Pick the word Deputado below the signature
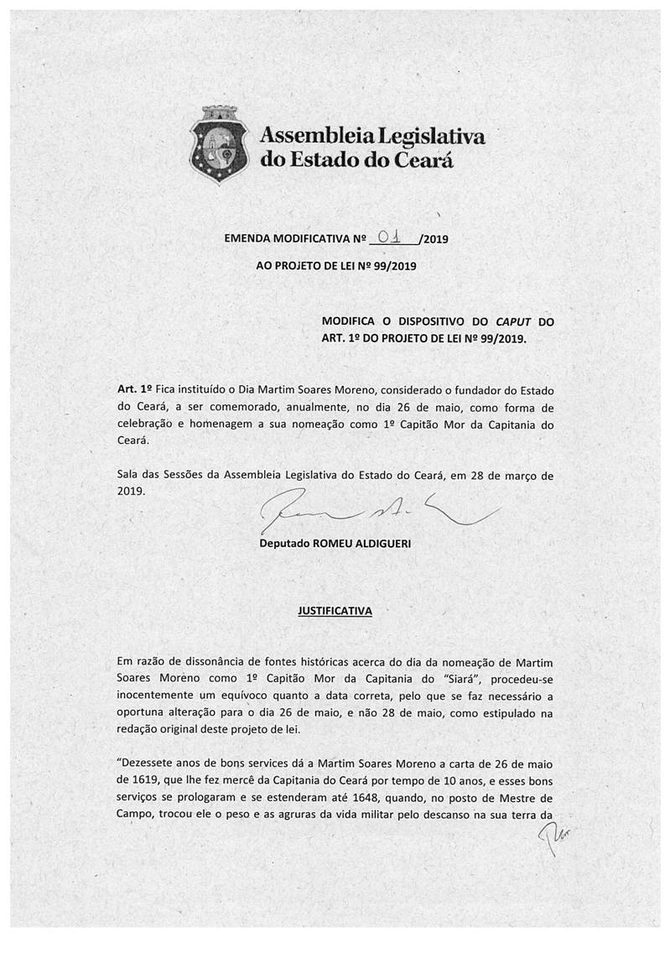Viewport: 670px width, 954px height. tap(284, 544)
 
